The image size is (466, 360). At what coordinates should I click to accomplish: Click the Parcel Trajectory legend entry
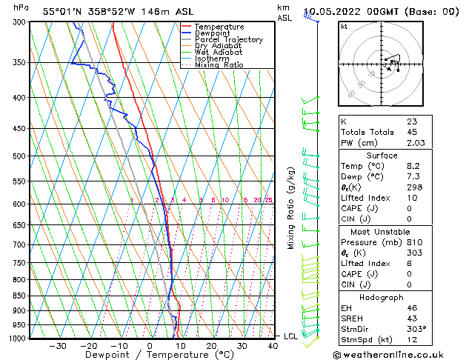[228, 39]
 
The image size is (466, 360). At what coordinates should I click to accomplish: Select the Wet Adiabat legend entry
[220, 52]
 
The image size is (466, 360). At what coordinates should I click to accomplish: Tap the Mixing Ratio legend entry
[219, 65]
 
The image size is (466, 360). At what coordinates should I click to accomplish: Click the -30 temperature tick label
[58, 345]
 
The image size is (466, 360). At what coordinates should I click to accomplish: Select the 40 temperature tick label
[273, 345]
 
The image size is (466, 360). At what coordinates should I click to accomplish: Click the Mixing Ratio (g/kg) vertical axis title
[293, 207]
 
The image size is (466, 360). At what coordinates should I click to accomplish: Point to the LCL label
[292, 336]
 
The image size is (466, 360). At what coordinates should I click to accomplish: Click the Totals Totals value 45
[411, 132]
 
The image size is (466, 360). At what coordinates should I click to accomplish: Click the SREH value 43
[411, 318]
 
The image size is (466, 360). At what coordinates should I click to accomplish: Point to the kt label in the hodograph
[344, 26]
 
